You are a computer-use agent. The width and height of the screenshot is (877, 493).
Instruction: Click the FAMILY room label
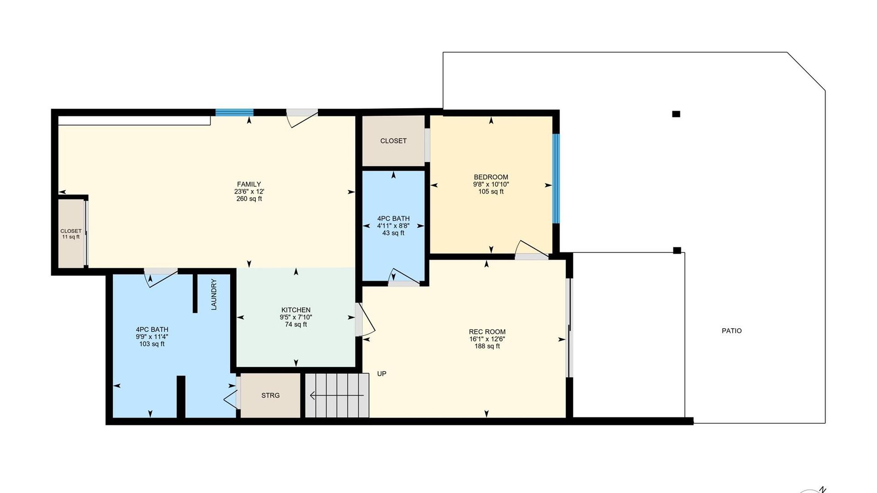coord(249,184)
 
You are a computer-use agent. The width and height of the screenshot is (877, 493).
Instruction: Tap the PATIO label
coord(732,331)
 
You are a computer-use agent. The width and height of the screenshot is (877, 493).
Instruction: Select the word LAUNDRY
coord(214,294)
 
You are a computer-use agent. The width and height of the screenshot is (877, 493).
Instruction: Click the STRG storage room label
coord(270,395)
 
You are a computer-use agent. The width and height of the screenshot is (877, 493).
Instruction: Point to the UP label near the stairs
coord(382,374)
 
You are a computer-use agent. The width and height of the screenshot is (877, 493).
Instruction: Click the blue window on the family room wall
coord(234,112)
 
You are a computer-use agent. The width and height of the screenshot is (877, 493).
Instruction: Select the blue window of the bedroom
coord(556,178)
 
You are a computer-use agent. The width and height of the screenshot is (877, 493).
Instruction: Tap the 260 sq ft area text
coord(249,199)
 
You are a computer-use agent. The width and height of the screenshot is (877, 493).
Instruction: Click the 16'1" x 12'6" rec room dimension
coord(487,339)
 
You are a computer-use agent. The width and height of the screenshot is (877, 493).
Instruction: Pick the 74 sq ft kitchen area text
coord(296,325)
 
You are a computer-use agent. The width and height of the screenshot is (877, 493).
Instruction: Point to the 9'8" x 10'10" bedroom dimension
coord(491,184)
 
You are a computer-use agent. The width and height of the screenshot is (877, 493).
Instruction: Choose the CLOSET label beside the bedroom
coord(393,141)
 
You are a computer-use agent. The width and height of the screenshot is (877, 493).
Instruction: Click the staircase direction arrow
coord(337,395)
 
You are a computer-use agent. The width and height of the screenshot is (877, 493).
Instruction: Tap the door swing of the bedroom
coord(532,249)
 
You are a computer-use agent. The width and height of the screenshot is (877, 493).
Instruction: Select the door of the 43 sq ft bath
coord(404,277)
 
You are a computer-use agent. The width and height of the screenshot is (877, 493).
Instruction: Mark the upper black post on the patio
coord(676,114)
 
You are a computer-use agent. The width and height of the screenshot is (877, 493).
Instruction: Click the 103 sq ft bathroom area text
coord(152,344)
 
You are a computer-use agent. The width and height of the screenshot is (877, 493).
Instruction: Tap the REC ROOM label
coord(487,332)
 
